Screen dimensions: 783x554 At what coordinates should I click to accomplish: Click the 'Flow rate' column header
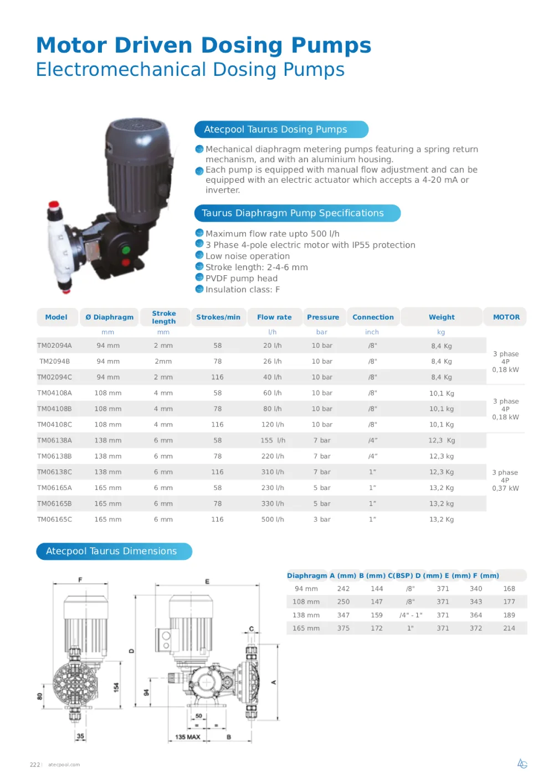[x=274, y=317]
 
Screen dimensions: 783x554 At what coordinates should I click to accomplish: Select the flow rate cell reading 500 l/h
[x=273, y=519]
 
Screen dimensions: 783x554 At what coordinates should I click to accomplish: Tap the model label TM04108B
[x=54, y=409]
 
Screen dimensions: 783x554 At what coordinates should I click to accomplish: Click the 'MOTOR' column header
[x=506, y=317]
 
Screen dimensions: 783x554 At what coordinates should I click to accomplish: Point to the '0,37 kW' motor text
[x=505, y=488]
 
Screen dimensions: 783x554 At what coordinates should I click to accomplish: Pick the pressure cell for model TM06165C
[x=322, y=519]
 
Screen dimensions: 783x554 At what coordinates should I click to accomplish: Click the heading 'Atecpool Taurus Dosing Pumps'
[x=275, y=130]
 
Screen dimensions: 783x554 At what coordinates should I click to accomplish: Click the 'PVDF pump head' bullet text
[x=241, y=279]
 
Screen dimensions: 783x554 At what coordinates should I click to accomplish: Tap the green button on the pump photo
[x=126, y=250]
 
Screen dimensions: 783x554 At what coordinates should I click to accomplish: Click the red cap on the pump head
[x=54, y=205]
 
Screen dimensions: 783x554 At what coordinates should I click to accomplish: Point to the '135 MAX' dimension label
[x=187, y=737]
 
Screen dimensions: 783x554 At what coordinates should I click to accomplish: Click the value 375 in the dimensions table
[x=343, y=629]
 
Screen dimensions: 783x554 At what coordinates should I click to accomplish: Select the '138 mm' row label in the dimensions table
[x=306, y=615]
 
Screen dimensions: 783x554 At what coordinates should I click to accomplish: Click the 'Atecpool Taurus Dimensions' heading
[x=111, y=552]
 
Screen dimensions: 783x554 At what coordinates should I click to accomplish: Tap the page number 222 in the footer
[x=35, y=765]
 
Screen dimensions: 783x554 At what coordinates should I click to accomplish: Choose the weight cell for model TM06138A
[x=442, y=441]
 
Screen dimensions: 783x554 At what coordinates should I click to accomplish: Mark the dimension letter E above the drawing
[x=207, y=581]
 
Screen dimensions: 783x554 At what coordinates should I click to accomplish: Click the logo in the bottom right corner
[x=522, y=764]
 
